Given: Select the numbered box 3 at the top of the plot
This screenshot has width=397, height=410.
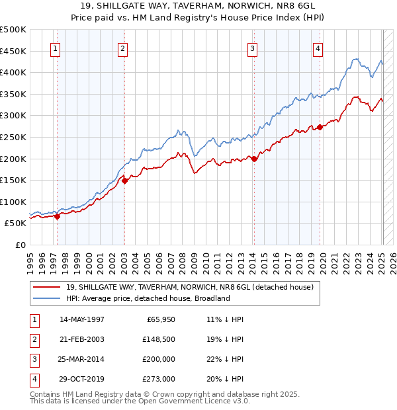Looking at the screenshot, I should [x=253, y=48].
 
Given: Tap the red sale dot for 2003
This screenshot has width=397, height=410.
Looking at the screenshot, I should [x=125, y=181].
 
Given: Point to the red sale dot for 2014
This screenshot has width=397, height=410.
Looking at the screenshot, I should [x=254, y=158].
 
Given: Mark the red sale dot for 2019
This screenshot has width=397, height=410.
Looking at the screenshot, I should [x=320, y=127].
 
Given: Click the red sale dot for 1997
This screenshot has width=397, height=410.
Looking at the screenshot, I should [x=58, y=216].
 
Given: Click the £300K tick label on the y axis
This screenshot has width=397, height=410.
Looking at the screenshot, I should [x=13, y=116].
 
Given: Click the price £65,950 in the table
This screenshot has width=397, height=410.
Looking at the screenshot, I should [x=159, y=319].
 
